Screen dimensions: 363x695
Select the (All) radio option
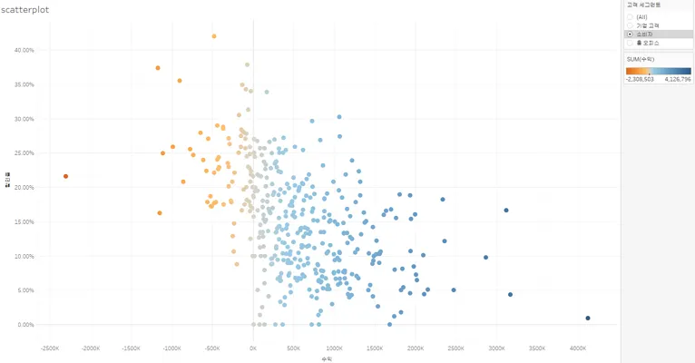[630, 16]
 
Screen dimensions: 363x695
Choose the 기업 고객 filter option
[630, 25]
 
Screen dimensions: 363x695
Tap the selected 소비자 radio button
[630, 34]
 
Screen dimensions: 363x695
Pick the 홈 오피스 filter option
[630, 42]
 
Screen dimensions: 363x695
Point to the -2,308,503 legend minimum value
[640, 80]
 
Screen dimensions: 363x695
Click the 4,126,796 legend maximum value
[678, 80]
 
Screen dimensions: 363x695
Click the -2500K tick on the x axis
[51, 348]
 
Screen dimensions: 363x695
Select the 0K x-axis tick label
[253, 348]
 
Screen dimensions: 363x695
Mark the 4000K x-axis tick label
[578, 348]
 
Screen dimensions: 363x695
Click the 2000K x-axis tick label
[416, 348]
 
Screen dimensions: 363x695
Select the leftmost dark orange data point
[66, 176]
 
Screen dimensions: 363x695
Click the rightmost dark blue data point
[588, 318]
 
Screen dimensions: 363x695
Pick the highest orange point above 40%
[214, 36]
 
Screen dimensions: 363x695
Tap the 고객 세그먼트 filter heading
[644, 5]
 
